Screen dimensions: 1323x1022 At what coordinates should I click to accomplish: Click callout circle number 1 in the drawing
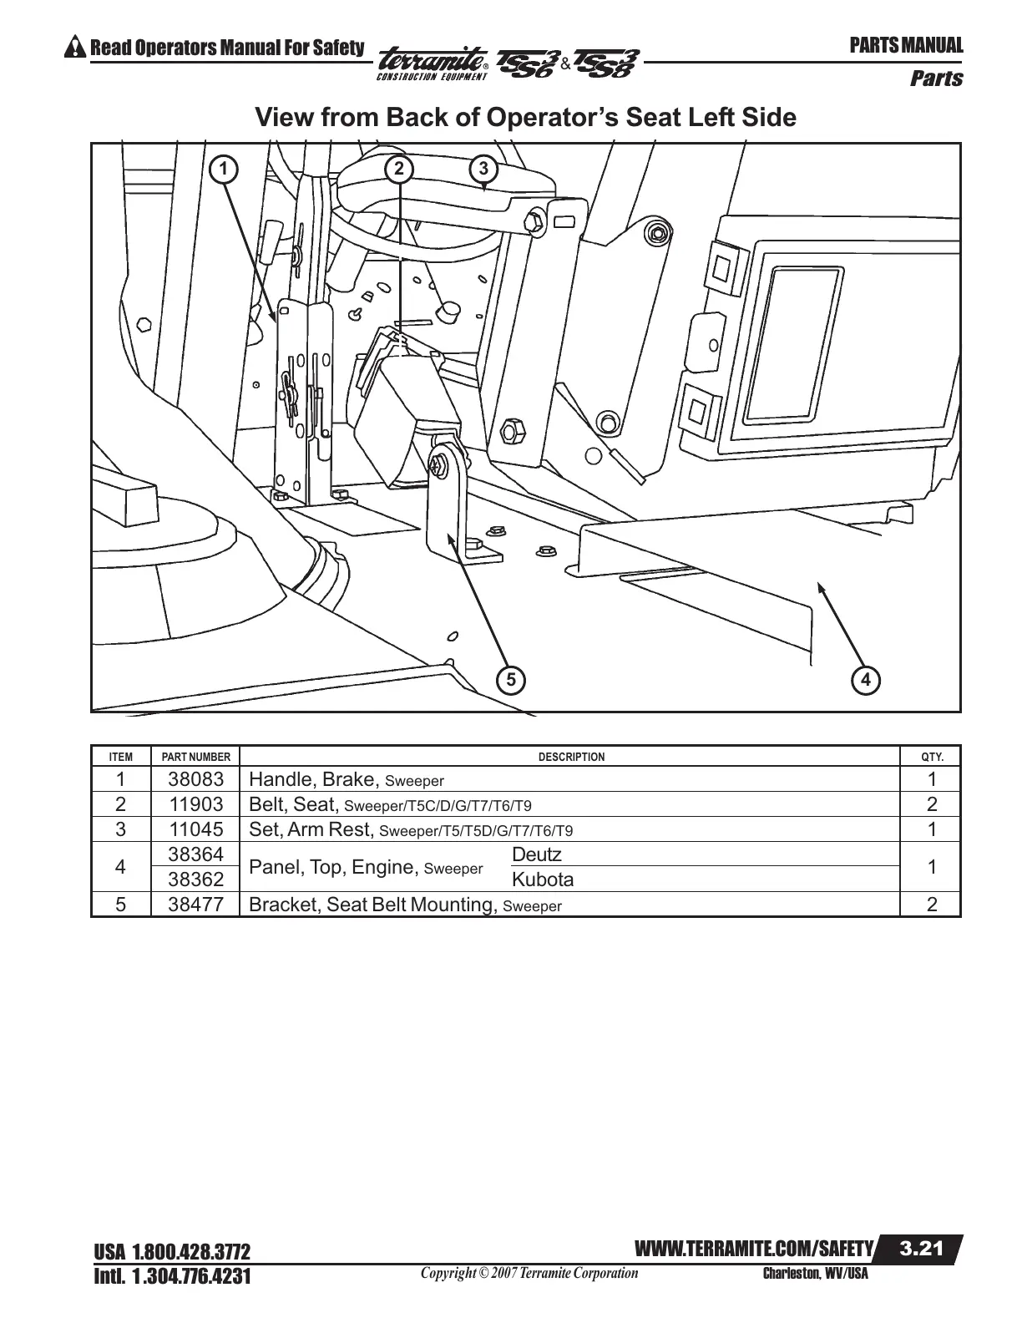[x=223, y=169]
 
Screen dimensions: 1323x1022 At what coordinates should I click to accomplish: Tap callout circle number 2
[x=399, y=169]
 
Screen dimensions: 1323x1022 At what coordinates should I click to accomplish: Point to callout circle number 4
[x=867, y=680]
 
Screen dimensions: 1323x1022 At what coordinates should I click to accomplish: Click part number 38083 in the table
[x=195, y=779]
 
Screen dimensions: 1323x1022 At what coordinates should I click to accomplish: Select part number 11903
[x=195, y=804]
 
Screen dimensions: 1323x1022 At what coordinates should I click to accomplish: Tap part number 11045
[x=195, y=829]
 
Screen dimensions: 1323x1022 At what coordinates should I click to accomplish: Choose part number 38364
[x=195, y=854]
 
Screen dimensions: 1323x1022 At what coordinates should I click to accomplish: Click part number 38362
[x=195, y=879]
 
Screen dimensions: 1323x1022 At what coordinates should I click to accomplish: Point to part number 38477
[x=195, y=905]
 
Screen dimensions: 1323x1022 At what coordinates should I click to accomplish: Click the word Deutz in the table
[x=536, y=854]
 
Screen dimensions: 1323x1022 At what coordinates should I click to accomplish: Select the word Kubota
[x=542, y=879]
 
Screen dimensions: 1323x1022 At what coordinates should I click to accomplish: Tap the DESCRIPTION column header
[x=571, y=757]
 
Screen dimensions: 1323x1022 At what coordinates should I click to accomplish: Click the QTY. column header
[x=932, y=757]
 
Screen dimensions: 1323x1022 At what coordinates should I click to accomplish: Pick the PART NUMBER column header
[x=195, y=757]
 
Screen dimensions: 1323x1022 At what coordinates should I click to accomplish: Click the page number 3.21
[x=921, y=1249]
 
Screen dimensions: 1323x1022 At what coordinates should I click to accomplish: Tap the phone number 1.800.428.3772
[x=191, y=1252]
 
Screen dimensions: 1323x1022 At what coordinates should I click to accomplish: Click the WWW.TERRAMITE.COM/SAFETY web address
[x=754, y=1249]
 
